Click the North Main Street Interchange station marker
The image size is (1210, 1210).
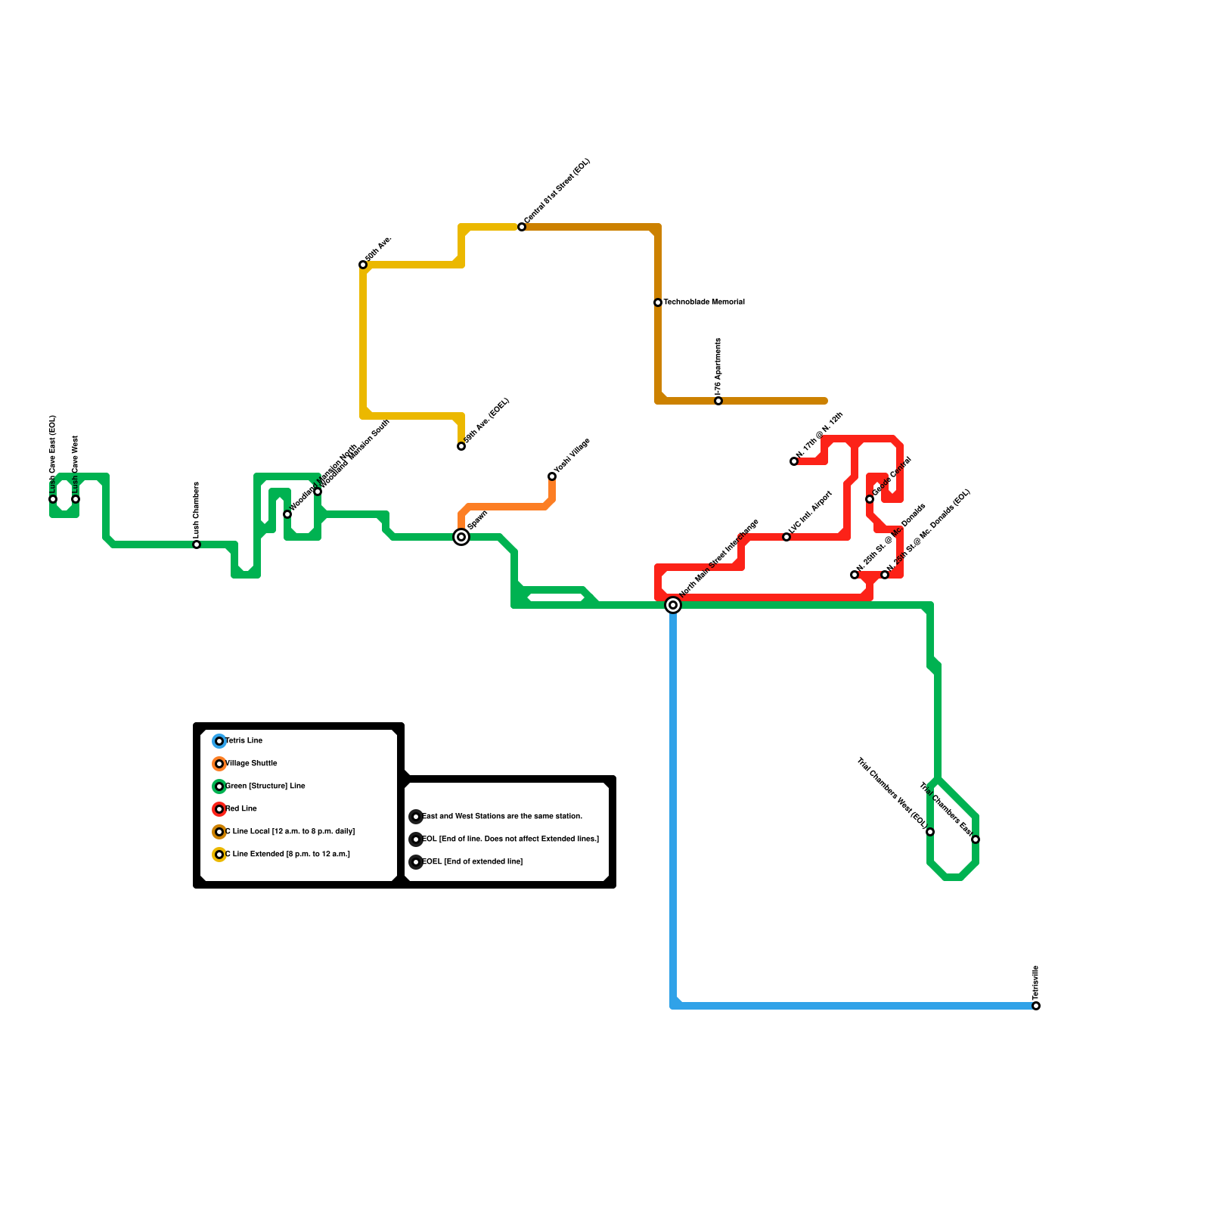pos(673,605)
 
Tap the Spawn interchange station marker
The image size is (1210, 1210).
pos(461,537)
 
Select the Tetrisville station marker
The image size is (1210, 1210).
pos(1036,1006)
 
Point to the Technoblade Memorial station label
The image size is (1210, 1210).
pos(704,302)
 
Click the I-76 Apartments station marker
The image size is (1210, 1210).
pos(718,401)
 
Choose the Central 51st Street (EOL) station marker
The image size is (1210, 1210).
pos(522,227)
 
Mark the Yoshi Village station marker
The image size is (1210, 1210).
pos(552,476)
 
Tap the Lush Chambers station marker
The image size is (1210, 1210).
pos(197,544)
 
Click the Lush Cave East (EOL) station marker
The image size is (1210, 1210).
pos(53,499)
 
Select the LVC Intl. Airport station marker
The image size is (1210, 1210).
pos(786,537)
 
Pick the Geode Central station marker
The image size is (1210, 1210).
pos(870,499)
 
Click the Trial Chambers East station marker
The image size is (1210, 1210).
pos(976,839)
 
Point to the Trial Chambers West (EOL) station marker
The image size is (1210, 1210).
pos(930,832)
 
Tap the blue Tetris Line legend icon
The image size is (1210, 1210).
pos(219,741)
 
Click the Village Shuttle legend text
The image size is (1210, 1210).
pos(252,764)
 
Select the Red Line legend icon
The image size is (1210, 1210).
pos(219,809)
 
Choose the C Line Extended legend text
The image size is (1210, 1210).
pos(287,855)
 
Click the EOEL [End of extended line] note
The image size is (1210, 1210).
pos(472,862)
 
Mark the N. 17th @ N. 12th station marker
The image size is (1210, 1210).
pos(794,461)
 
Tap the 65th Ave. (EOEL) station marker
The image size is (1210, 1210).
pos(461,446)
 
